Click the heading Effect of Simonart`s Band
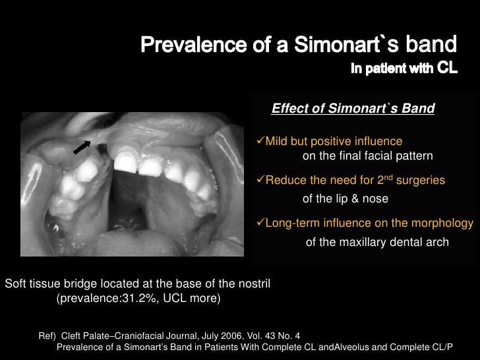pyautogui.click(x=353, y=108)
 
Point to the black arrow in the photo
pyautogui.click(x=82, y=146)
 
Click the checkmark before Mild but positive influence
pyautogui.click(x=259, y=142)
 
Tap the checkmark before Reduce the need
pyautogui.click(x=259, y=180)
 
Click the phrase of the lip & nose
pyautogui.click(x=345, y=198)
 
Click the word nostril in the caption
pyautogui.click(x=253, y=284)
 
